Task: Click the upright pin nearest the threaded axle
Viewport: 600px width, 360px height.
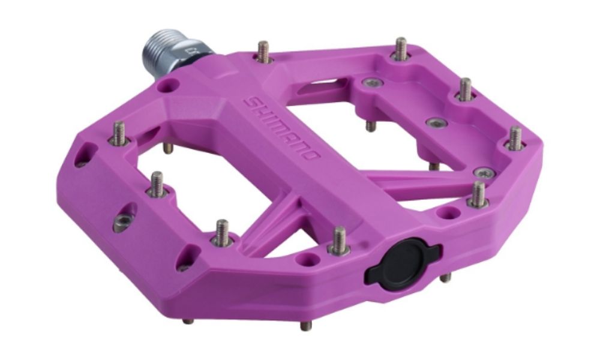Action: (263, 52)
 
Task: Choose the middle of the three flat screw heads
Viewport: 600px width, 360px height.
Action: (437, 123)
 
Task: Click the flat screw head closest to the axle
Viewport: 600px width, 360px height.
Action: (373, 82)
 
